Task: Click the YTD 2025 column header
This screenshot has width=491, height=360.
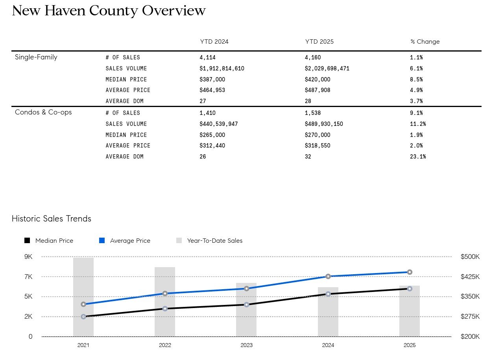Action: pyautogui.click(x=319, y=42)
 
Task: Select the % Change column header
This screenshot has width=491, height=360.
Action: pyautogui.click(x=425, y=42)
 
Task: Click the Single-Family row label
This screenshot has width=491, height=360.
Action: pyautogui.click(x=36, y=57)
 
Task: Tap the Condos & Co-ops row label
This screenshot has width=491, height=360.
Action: pyautogui.click(x=43, y=112)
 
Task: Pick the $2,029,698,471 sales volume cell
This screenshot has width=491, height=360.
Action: pyautogui.click(x=327, y=68)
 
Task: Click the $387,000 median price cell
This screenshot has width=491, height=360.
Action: pyautogui.click(x=212, y=79)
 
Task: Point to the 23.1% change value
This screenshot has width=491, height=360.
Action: pyautogui.click(x=418, y=157)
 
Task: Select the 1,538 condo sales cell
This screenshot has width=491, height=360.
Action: pyautogui.click(x=313, y=113)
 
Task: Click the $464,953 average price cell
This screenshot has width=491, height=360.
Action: pyautogui.click(x=212, y=90)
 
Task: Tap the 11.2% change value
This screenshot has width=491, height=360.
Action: pyautogui.click(x=418, y=124)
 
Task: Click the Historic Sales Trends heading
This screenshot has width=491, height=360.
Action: pyautogui.click(x=52, y=219)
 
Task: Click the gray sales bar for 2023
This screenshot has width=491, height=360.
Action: pyautogui.click(x=246, y=315)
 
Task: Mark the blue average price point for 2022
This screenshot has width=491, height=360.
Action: pyautogui.click(x=165, y=294)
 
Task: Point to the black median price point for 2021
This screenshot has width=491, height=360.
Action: pyautogui.click(x=83, y=316)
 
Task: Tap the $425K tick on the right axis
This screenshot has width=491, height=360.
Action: pyautogui.click(x=470, y=277)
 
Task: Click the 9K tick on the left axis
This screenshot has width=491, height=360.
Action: pyautogui.click(x=28, y=257)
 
